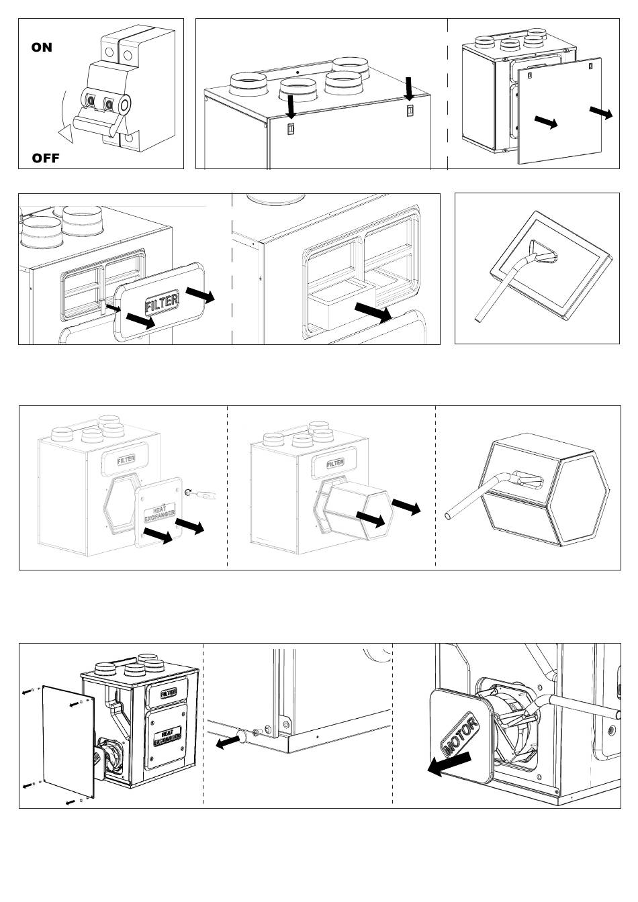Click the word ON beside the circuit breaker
[42, 47]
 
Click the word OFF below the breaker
[46, 158]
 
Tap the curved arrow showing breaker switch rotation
[63, 117]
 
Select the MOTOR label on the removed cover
[460, 734]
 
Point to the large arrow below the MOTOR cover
[449, 764]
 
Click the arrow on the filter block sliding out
[373, 312]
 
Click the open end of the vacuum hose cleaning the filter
[478, 319]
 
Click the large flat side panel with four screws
[68, 742]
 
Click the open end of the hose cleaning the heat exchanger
[448, 516]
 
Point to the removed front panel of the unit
[559, 111]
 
